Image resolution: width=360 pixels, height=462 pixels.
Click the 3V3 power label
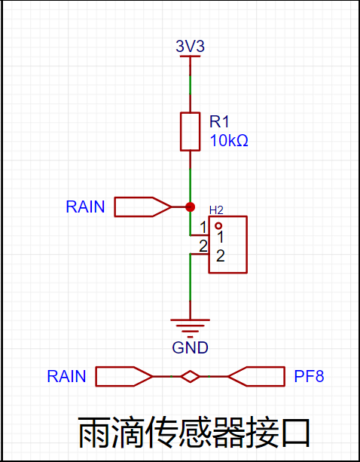190,46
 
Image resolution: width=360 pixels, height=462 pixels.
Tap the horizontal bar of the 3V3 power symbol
190,56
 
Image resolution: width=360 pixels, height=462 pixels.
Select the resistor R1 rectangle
190,131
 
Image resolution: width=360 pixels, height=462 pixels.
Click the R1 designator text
219,121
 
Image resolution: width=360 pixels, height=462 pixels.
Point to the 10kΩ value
229,142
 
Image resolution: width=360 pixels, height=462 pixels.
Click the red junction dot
190,207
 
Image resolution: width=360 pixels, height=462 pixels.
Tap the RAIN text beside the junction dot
85,207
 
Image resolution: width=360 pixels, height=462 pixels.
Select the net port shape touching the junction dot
143,207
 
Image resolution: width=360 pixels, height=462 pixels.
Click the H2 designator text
216,210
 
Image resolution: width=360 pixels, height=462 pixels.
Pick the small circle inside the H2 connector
218,226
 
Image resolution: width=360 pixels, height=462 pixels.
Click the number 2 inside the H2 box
221,257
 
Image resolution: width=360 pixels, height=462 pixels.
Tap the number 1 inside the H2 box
220,237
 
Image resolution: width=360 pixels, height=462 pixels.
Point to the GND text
190,347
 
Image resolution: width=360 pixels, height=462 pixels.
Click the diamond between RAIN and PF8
190,377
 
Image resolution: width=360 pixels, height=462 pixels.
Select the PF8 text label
309,376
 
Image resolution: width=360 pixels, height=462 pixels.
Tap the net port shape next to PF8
256,377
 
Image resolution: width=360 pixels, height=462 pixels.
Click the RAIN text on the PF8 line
66,376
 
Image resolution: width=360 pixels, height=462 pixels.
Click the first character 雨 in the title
94,433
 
